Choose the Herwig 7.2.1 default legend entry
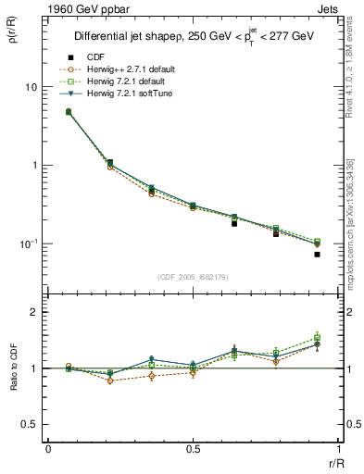(x=129, y=81)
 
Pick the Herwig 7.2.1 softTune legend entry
(x=131, y=94)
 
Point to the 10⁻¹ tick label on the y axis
(x=29, y=243)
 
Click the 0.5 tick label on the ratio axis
(x=30, y=424)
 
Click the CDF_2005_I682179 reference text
(x=193, y=277)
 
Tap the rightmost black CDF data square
(x=317, y=254)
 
